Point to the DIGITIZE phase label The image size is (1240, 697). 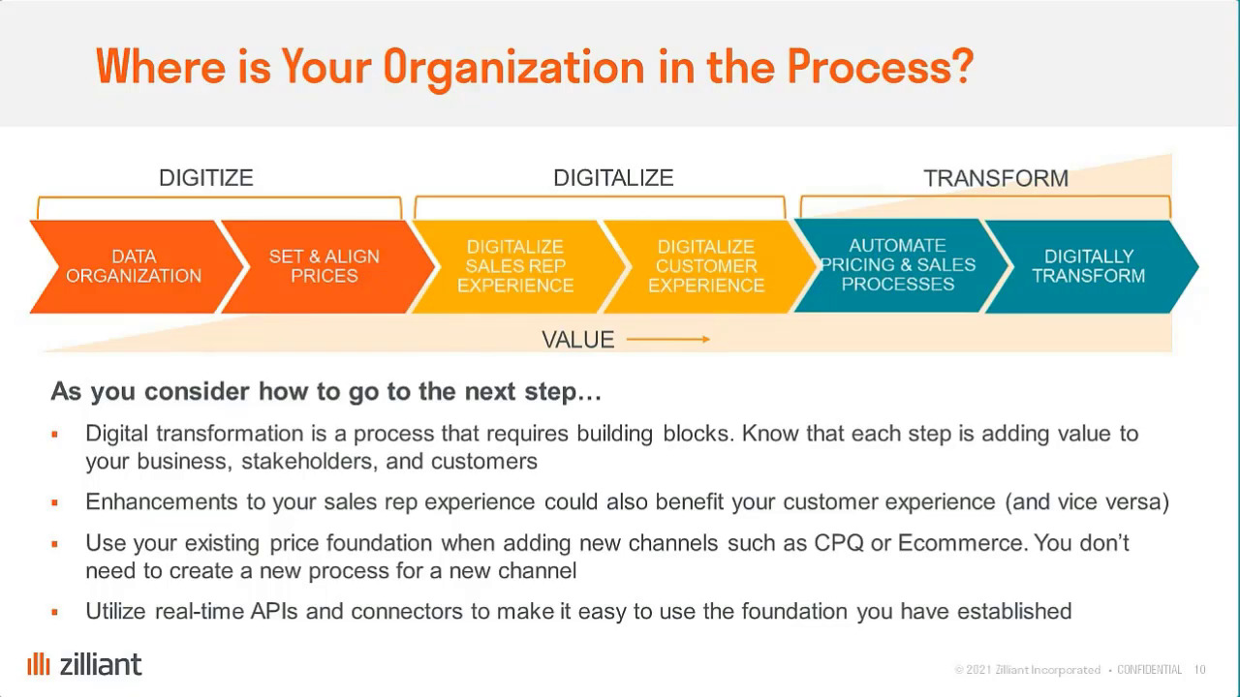tap(206, 178)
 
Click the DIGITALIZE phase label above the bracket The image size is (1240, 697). tap(613, 178)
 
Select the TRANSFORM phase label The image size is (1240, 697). tap(996, 179)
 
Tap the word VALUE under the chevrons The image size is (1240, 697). tap(578, 340)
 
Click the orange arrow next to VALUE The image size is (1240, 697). tap(668, 339)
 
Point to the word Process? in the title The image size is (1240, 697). tap(881, 67)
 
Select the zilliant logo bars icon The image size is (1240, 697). tap(39, 664)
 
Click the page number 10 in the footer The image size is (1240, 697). tap(1200, 670)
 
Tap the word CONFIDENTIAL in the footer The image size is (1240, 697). tap(1149, 670)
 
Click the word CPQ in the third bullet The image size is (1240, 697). tap(839, 543)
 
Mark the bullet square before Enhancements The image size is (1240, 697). tap(55, 502)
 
